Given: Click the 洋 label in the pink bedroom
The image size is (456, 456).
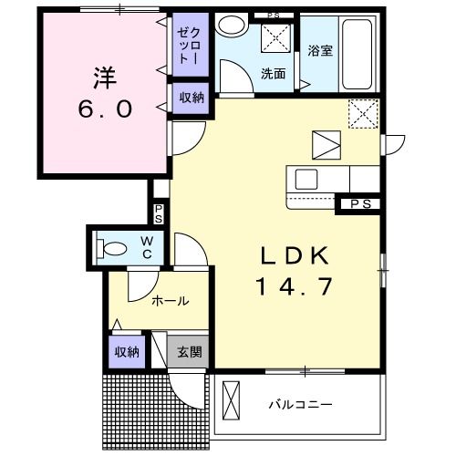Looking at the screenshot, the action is point(105,78).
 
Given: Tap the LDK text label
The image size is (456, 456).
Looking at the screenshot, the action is point(295,255).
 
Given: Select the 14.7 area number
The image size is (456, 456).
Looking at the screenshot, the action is point(294,286).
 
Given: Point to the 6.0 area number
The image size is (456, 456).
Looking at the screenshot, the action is point(105,109).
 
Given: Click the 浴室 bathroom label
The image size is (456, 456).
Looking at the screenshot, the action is point(320,50).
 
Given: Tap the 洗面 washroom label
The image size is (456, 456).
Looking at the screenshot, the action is point(273,74).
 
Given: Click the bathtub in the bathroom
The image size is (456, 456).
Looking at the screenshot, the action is point(358,54).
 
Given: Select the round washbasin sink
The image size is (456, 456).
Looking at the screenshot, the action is point(232,26).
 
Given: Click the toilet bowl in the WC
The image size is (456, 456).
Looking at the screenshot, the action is point(111,249).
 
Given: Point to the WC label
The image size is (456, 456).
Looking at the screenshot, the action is point(147,248).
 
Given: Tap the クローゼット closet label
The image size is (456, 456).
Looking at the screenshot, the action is point(189,46).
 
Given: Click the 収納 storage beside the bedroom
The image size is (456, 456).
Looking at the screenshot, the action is point(192,98).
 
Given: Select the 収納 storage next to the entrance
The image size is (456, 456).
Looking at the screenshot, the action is point(127,352).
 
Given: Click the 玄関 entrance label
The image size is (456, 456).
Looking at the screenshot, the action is point(190,352).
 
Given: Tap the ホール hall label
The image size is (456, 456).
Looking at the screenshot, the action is point(171,301).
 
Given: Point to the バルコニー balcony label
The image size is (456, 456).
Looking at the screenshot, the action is point(300,405).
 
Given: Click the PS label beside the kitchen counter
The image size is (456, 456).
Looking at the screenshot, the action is point(361,204).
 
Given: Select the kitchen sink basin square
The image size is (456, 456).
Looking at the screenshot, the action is point(306,179).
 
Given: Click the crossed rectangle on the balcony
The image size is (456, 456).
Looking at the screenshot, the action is point(231,400).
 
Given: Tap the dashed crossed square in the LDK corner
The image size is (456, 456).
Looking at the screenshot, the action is point(363,114).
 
